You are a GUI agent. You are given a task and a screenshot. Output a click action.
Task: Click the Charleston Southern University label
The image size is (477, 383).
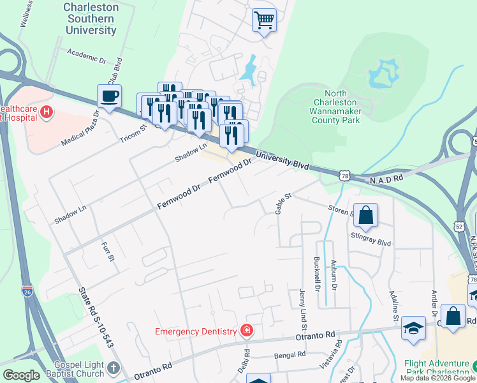91,19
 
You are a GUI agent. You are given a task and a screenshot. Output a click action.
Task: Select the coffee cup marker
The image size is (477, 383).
109,97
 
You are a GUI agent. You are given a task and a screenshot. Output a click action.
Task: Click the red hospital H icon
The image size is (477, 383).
46,112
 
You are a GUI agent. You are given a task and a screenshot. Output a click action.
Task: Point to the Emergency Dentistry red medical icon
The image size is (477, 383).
246,330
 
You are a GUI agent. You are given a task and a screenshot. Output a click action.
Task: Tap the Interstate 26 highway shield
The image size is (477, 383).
27,290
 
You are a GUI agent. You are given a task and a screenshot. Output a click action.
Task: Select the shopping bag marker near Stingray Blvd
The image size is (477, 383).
366,216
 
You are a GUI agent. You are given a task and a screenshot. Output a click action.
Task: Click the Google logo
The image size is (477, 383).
21,375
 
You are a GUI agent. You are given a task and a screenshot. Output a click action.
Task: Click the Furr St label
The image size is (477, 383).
106,250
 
